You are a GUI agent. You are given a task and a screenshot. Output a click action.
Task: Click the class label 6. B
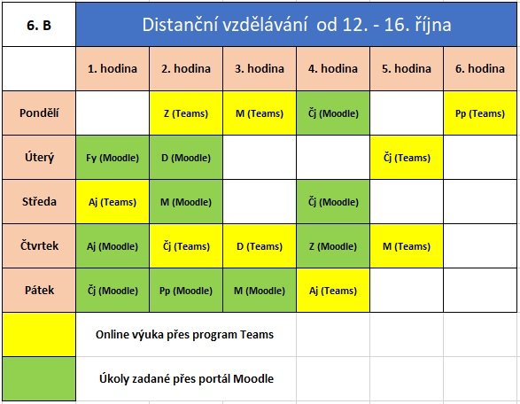(39, 25)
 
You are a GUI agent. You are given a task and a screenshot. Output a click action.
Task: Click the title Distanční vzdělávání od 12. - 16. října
(297, 25)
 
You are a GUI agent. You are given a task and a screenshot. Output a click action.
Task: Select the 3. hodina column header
(260, 68)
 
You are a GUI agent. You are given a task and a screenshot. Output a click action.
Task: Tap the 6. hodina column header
(480, 68)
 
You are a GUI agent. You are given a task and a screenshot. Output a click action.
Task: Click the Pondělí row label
(39, 113)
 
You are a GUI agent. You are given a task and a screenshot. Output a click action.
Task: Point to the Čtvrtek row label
(39, 245)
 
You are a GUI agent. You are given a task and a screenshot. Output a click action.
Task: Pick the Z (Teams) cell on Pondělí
(186, 113)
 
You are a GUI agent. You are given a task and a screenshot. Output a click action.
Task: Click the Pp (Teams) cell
(480, 113)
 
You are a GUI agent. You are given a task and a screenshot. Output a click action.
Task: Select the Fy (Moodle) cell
(113, 158)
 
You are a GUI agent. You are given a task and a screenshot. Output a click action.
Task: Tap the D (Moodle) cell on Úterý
(186, 158)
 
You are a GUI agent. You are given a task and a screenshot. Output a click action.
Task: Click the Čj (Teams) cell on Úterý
(407, 158)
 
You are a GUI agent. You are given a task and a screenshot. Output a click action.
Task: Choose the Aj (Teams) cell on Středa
(113, 202)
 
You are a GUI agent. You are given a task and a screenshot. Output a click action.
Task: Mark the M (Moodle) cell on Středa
(186, 202)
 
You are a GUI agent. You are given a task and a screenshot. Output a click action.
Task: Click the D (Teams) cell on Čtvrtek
(260, 245)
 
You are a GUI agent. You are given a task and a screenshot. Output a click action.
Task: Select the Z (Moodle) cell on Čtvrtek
(333, 245)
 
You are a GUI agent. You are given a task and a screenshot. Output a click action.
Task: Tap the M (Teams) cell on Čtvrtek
(407, 245)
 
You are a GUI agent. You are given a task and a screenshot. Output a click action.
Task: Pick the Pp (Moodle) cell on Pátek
(186, 291)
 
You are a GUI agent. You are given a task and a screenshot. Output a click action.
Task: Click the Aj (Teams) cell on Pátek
(333, 291)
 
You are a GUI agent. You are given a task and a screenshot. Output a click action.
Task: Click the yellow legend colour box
(39, 335)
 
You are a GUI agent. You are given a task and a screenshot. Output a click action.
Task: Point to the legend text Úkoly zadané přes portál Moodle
(186, 378)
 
